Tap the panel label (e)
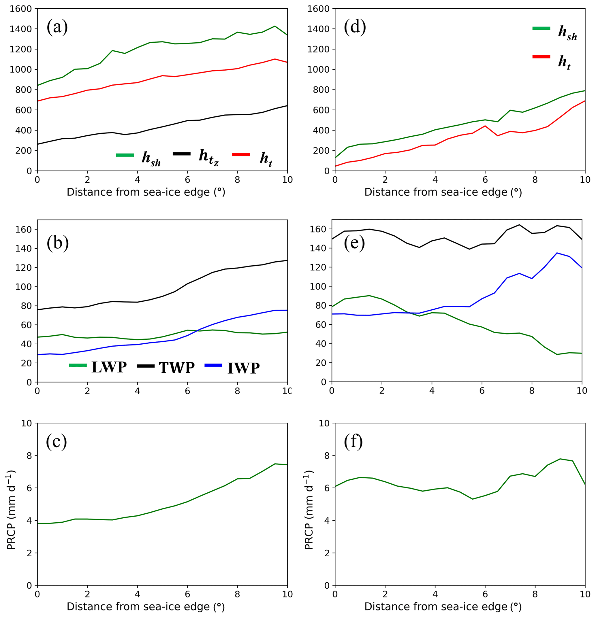[x=354, y=243]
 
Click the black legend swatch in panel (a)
[x=182, y=154]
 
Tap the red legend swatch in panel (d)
[x=541, y=57]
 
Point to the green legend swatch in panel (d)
[x=541, y=28]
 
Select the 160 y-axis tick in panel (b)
[x=24, y=230]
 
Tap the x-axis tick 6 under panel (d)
[x=485, y=180]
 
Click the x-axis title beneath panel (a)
[x=146, y=192]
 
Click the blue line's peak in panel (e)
[x=557, y=253]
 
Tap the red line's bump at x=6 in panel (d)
[x=485, y=126]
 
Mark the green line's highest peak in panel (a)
[x=275, y=26]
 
